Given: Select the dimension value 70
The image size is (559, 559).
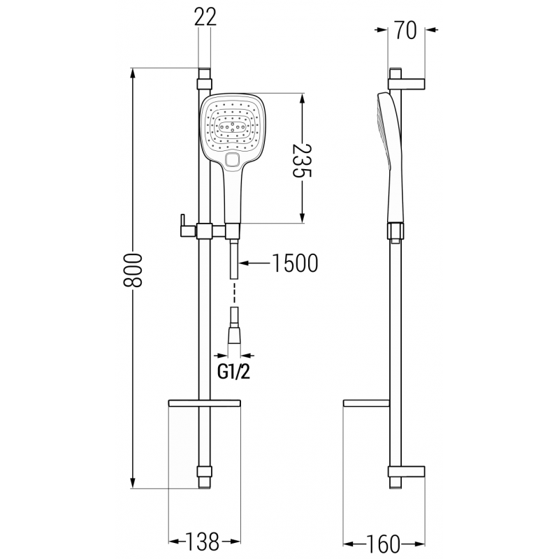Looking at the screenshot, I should click(406, 31).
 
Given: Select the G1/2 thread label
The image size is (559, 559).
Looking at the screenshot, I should click(233, 372).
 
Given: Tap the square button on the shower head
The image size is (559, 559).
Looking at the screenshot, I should click(233, 161).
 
